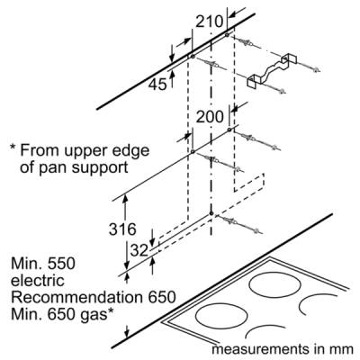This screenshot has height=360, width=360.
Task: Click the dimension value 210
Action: point(210,22)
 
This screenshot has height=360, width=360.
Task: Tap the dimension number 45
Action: point(157,85)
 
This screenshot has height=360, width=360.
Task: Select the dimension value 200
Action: point(210,116)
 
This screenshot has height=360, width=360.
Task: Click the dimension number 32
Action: point(139,250)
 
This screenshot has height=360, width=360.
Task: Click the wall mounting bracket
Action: point(272,70)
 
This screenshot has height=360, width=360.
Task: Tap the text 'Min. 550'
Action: point(43,264)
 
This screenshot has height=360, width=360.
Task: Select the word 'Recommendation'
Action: point(76,297)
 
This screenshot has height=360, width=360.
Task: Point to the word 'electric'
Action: point(38,280)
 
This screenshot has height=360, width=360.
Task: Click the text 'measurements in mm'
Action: point(283,349)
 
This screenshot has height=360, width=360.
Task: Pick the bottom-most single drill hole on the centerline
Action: point(211,213)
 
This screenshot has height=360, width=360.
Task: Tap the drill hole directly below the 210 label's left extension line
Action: point(192,57)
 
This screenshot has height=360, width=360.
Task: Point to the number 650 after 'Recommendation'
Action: point(160,297)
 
